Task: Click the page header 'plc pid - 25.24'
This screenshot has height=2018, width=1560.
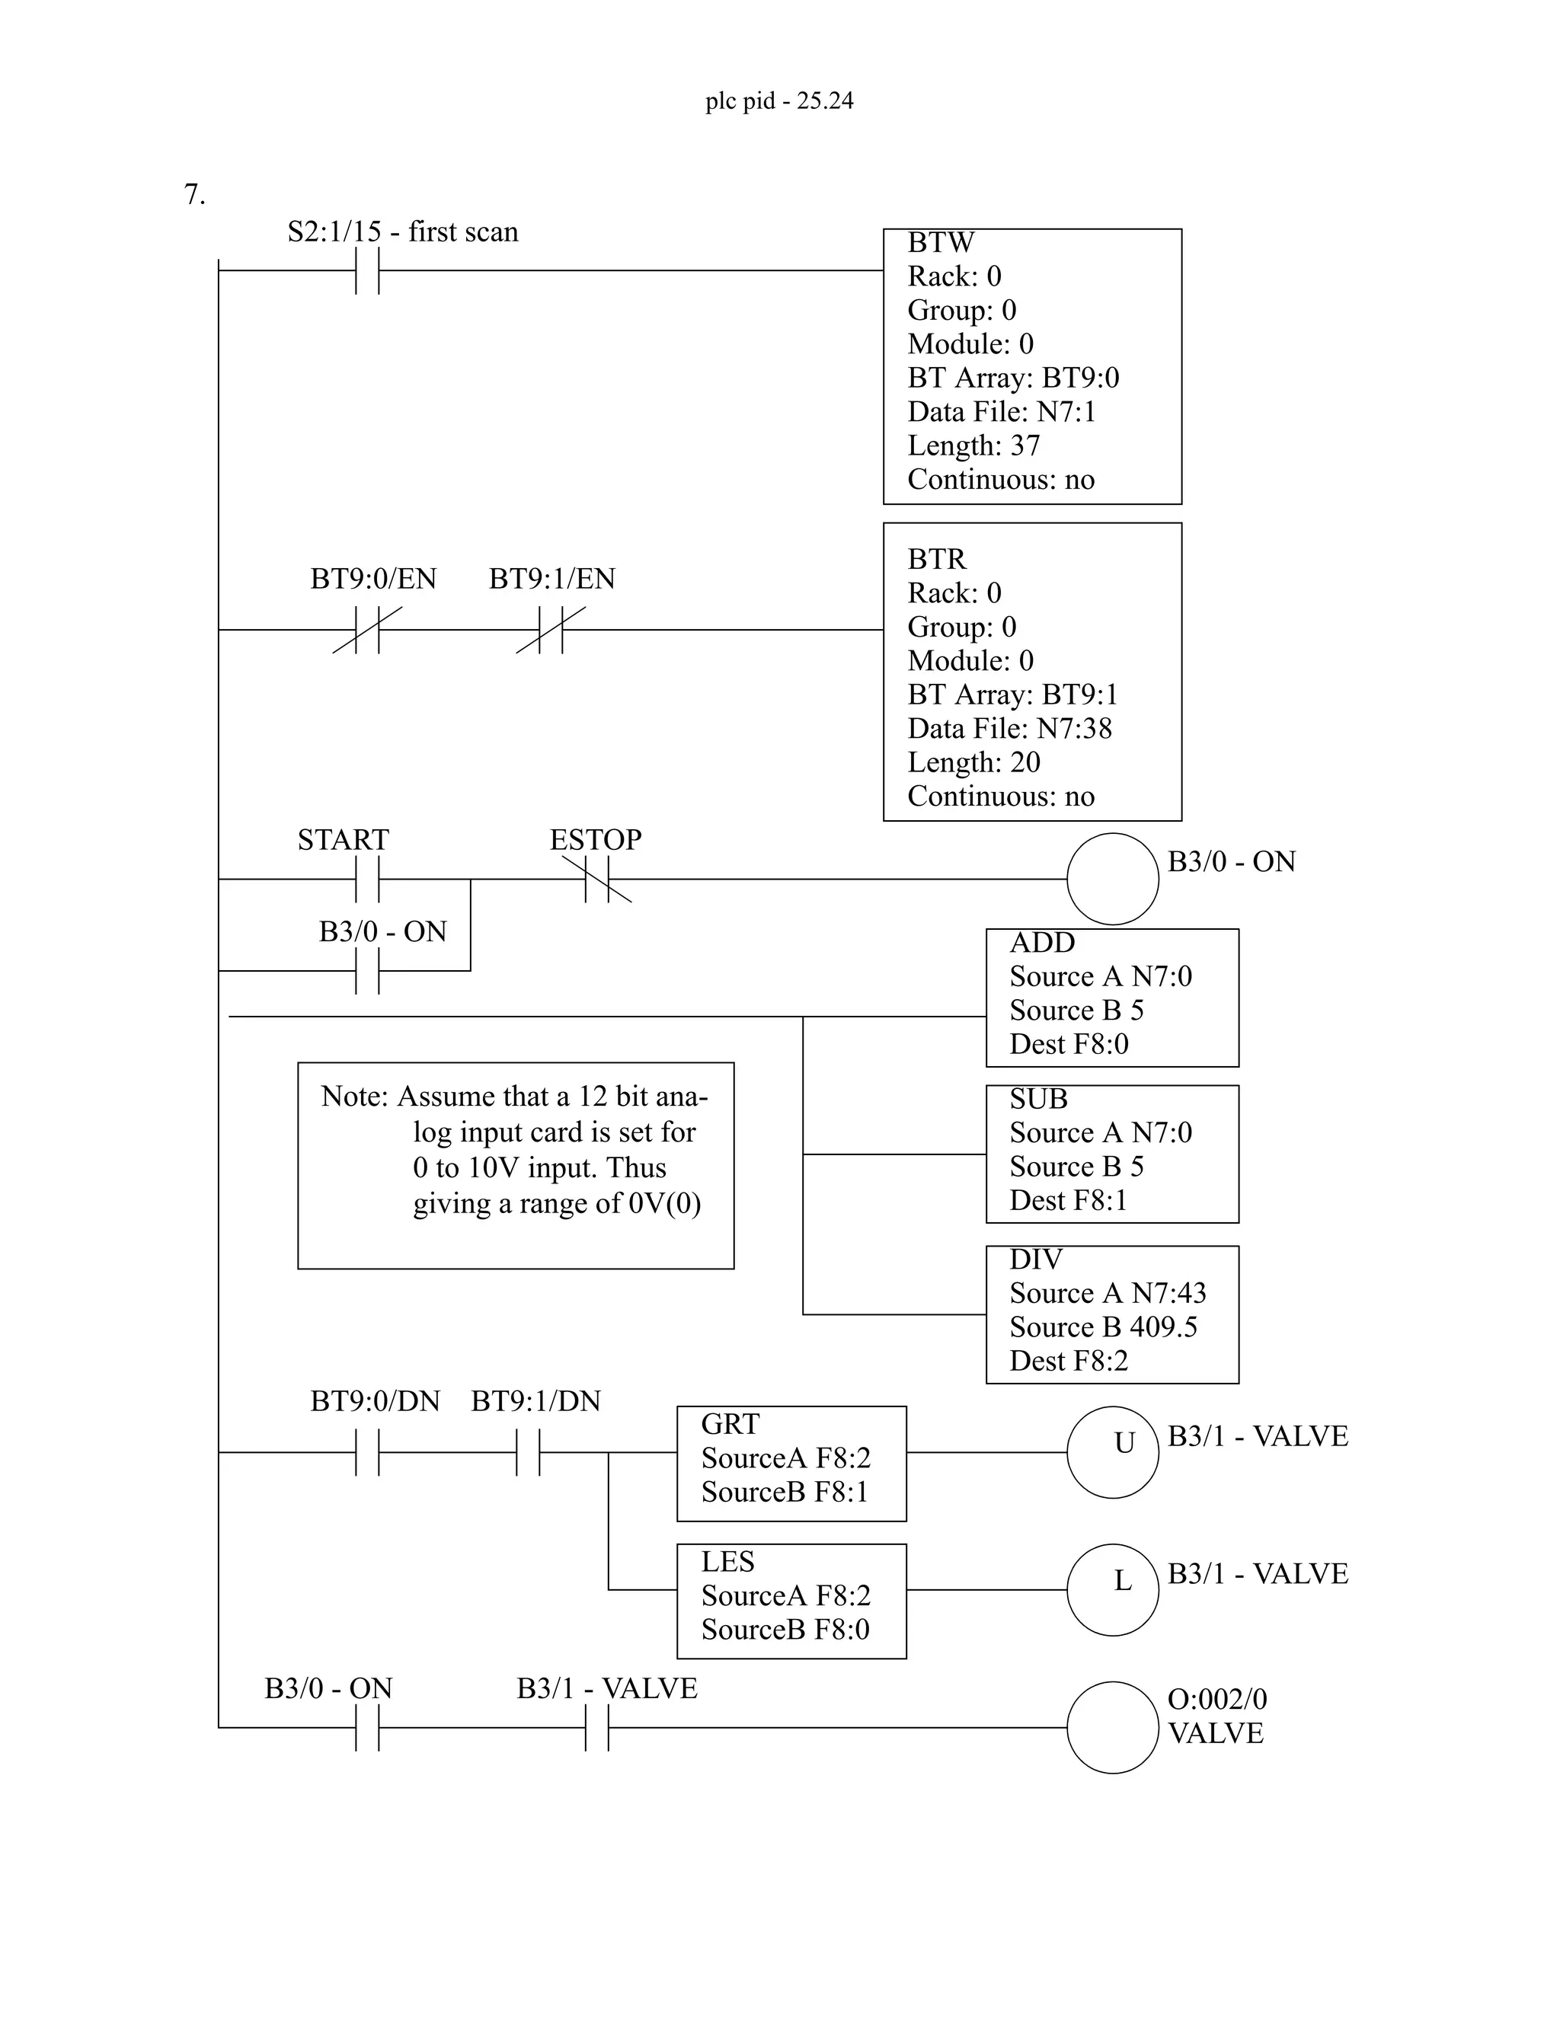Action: coord(779,101)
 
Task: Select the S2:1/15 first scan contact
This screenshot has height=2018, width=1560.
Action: coord(368,271)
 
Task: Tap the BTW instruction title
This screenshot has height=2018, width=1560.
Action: coord(941,243)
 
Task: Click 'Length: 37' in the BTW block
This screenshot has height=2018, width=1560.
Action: coord(973,446)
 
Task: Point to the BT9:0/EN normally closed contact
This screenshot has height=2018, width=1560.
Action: coord(368,631)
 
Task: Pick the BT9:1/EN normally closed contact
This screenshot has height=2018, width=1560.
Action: coord(551,631)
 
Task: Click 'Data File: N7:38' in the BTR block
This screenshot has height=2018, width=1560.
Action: coord(1009,729)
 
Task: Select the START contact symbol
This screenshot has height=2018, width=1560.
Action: coord(368,879)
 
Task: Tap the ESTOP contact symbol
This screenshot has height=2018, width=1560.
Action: coord(597,879)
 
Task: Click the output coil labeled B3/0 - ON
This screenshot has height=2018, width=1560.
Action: coord(1113,879)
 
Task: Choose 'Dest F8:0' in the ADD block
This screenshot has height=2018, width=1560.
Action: coord(1069,1044)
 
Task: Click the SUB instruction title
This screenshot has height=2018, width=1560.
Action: coord(1038,1100)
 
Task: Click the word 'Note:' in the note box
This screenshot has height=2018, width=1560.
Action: coord(356,1097)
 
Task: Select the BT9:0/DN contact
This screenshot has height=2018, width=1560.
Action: coord(368,1452)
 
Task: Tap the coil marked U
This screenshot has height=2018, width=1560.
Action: coord(1113,1452)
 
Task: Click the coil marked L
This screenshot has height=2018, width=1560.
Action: coord(1113,1590)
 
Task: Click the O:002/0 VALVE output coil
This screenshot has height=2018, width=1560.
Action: coord(1113,1727)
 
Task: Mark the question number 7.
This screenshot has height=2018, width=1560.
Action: coord(194,195)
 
